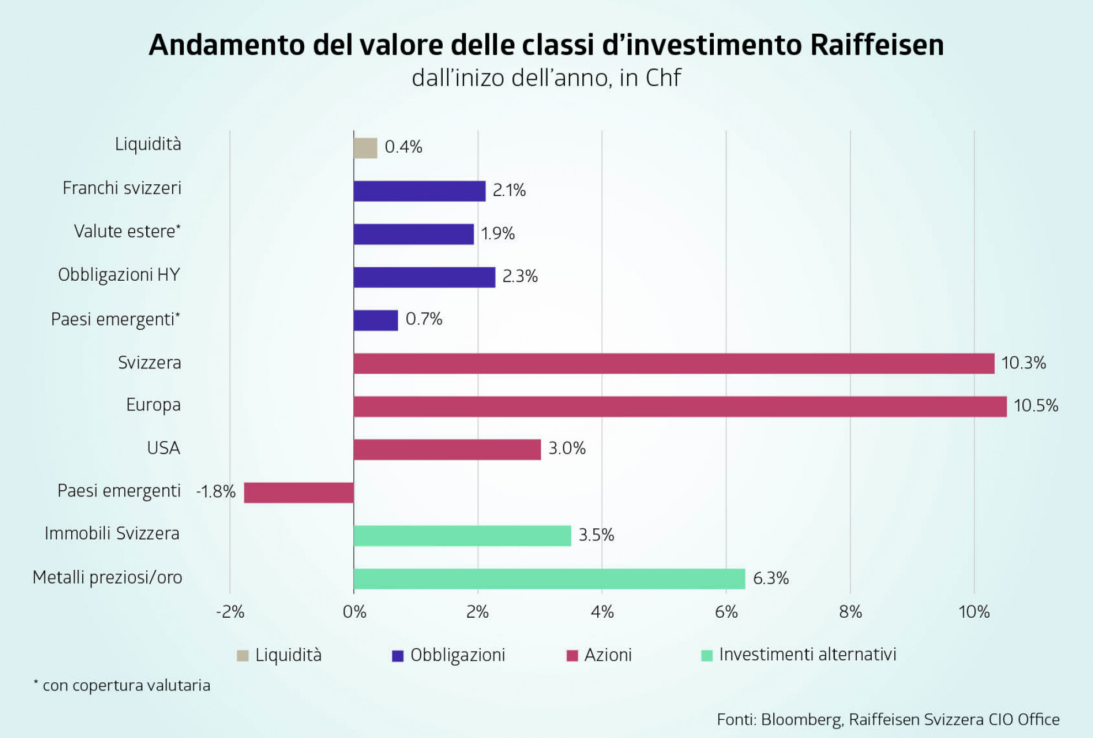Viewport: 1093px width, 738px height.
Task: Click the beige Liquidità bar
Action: (365, 148)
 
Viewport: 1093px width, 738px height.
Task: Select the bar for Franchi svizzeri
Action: (420, 191)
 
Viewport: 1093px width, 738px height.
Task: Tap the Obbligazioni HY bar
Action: (424, 277)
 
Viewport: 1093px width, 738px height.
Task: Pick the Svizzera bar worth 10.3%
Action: (673, 363)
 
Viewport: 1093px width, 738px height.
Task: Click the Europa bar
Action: (680, 407)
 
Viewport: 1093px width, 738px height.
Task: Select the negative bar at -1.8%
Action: (299, 493)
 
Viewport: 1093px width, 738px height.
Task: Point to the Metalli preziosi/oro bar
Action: (549, 579)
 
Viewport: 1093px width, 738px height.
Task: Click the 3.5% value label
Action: (596, 535)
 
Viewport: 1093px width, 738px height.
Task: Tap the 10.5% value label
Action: (1036, 406)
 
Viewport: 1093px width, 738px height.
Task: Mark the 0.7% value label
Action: (424, 319)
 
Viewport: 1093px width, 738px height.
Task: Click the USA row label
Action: (163, 448)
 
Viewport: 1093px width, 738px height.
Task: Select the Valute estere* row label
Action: (127, 231)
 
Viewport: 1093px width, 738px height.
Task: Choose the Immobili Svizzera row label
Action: (112, 533)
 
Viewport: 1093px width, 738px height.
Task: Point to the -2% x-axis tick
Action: (230, 612)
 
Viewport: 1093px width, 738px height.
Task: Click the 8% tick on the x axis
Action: (850, 612)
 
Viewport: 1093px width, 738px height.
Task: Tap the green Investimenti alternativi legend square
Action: (707, 655)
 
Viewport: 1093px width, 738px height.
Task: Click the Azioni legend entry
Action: (607, 655)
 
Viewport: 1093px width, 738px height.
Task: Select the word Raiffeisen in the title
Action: (877, 45)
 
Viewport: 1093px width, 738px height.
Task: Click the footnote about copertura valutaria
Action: (123, 686)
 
